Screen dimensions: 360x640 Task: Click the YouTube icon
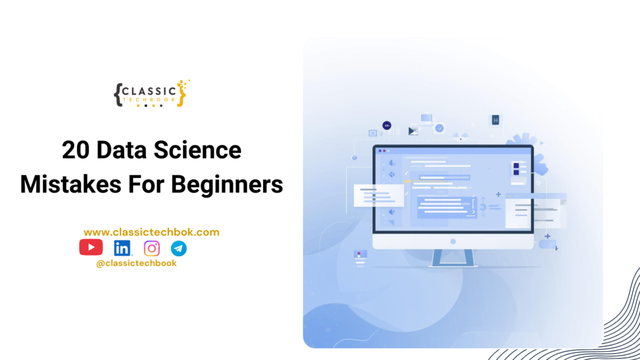coord(91,247)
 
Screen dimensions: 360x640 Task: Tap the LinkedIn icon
coord(122,248)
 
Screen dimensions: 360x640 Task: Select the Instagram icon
coord(152,248)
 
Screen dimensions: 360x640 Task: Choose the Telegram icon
coord(179,248)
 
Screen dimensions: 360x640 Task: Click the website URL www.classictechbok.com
coord(151,232)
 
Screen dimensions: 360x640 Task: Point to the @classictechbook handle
coord(136,263)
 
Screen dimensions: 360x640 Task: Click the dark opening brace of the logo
coord(117,94)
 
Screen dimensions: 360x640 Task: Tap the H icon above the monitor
coord(496,120)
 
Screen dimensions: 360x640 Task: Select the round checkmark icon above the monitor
coord(439,127)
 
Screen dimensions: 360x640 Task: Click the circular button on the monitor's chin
coord(453,241)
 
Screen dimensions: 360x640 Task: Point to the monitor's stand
coord(453,258)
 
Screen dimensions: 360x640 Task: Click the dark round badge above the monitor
coord(387,126)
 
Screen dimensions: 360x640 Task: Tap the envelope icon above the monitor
coord(413,131)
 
